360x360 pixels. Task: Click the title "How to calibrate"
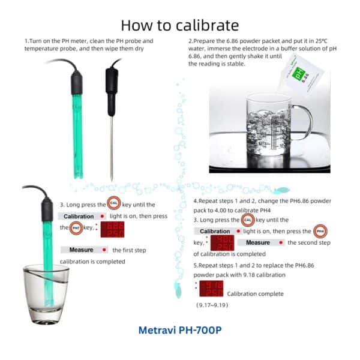(180, 25)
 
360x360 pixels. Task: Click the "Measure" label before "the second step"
(257, 242)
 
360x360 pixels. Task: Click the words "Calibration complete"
(255, 293)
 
